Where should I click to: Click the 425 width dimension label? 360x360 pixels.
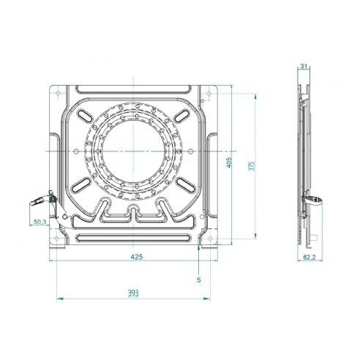click(x=137, y=257)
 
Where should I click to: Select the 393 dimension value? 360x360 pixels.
click(x=133, y=293)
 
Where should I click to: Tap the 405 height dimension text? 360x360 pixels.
click(x=229, y=162)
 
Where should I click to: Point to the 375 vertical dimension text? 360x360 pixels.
click(x=252, y=165)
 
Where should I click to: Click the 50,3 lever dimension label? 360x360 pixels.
click(x=40, y=222)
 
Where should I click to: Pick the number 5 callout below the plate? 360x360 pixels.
click(x=199, y=280)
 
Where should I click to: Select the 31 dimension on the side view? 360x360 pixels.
click(x=304, y=67)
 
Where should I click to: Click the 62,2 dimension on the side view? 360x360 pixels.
click(x=310, y=258)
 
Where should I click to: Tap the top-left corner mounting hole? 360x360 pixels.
click(x=58, y=93)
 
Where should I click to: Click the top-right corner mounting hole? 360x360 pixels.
click(x=209, y=93)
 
